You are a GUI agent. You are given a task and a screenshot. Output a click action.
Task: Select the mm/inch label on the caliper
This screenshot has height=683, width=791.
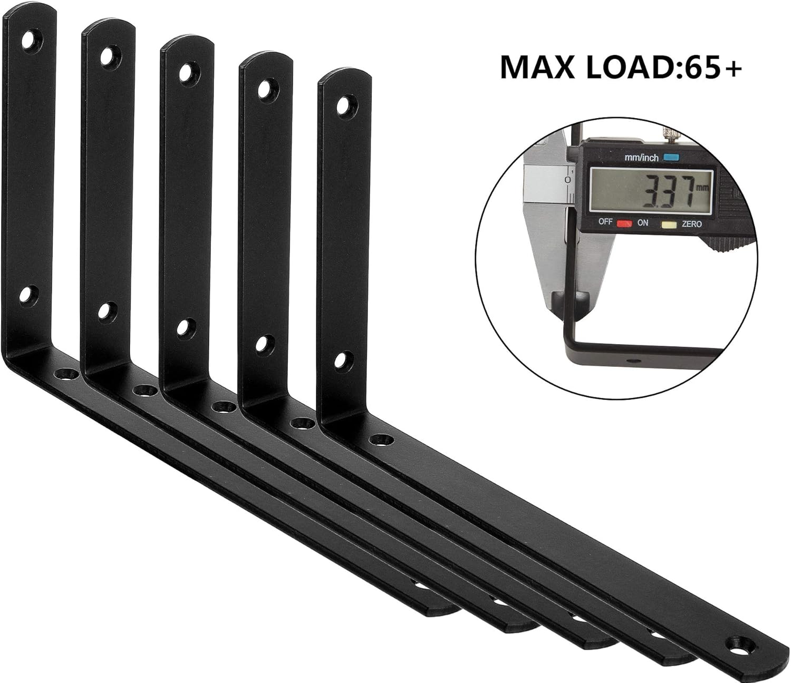641,157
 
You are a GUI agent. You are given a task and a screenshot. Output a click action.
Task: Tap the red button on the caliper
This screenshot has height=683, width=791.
624,223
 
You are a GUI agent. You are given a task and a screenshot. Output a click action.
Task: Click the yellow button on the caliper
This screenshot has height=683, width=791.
669,225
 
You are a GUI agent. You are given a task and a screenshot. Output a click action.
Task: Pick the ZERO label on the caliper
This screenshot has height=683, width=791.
691,224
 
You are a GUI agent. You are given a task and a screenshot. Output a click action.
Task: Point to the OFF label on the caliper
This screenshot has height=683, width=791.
605,222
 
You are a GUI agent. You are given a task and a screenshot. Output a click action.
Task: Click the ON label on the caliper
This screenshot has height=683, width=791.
642,223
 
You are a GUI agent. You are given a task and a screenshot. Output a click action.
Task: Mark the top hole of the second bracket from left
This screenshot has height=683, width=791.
109,56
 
